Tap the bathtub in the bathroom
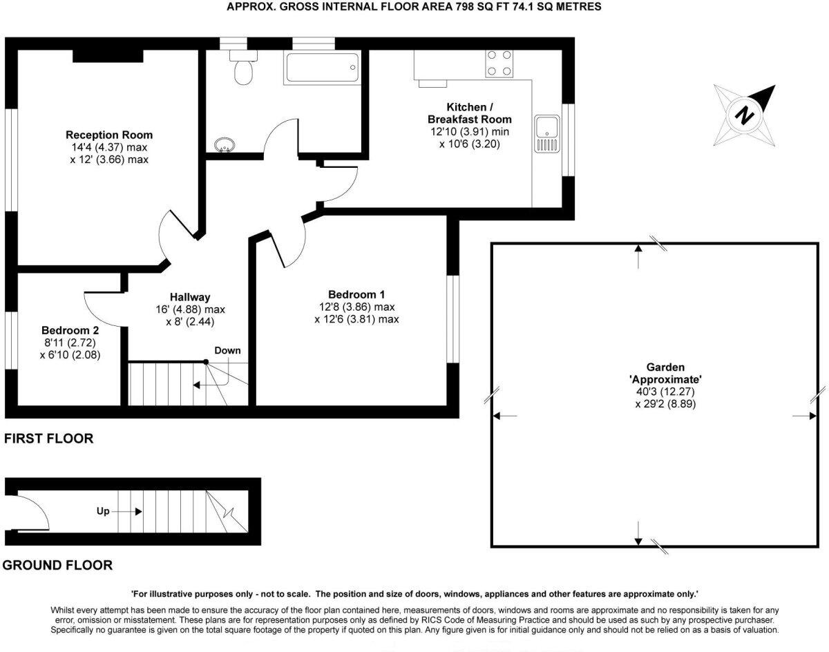coord(321,68)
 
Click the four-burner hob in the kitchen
coord(499,64)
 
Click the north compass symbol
coord(744,113)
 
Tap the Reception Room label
coord(109,135)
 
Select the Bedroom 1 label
coord(356,294)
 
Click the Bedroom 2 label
coord(71,329)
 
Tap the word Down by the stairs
coord(227,350)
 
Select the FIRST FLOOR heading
coord(48,439)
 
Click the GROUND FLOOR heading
coord(57,566)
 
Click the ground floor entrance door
coord(31,512)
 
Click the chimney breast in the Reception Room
coord(108,55)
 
